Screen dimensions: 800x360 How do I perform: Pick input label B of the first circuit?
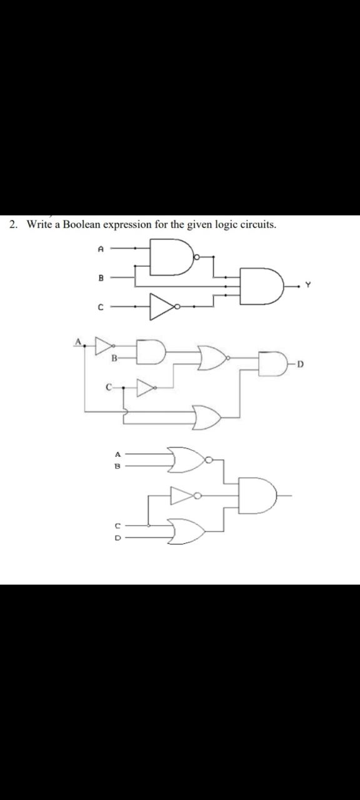[100, 277]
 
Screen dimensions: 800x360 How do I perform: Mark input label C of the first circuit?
[100, 307]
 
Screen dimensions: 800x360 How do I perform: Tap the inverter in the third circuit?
[186, 496]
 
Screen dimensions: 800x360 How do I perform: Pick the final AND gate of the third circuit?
[257, 494]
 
